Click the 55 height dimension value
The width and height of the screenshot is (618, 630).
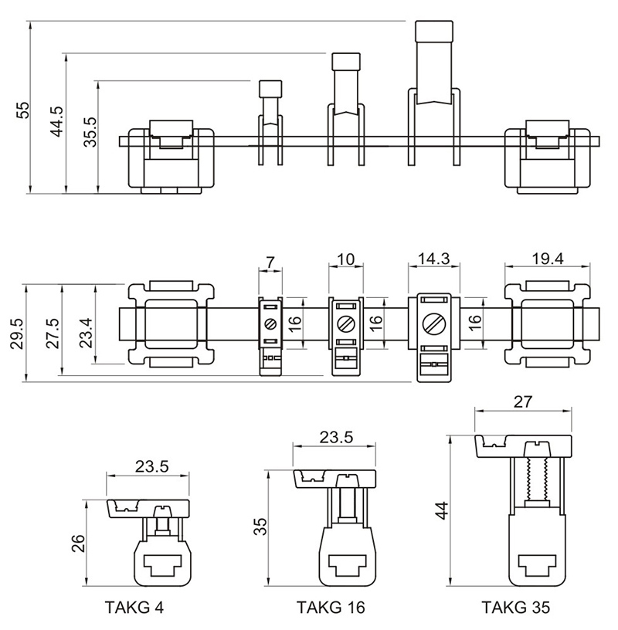click(22, 110)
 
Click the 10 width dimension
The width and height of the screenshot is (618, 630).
click(345, 259)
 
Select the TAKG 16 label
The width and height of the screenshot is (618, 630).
click(331, 608)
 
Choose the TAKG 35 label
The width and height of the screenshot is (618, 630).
click(516, 608)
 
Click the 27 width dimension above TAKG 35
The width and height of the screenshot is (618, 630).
click(522, 402)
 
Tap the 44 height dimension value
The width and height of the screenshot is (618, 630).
click(441, 510)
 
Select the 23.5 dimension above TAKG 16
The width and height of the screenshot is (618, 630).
click(336, 437)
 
